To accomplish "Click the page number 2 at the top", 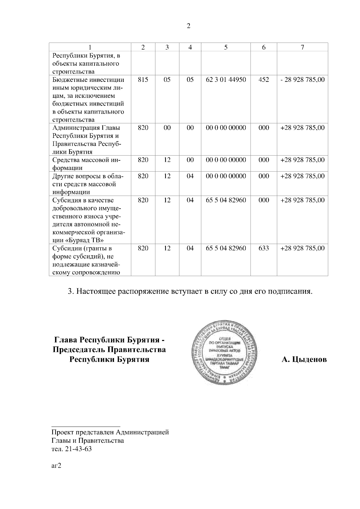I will coord(188,26).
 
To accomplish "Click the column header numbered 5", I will coord(226,47).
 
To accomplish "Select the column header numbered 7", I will coord(302,47).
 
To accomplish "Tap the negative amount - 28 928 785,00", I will coord(302,80).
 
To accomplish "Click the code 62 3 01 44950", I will coord(226,80).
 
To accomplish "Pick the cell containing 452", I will coord(263,80).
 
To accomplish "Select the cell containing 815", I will coord(143,80).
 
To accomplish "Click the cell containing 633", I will coord(263,248).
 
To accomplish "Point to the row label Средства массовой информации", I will coord(86,164).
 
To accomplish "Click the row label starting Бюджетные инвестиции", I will coord(88,80).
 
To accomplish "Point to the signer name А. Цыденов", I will coord(304,359).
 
